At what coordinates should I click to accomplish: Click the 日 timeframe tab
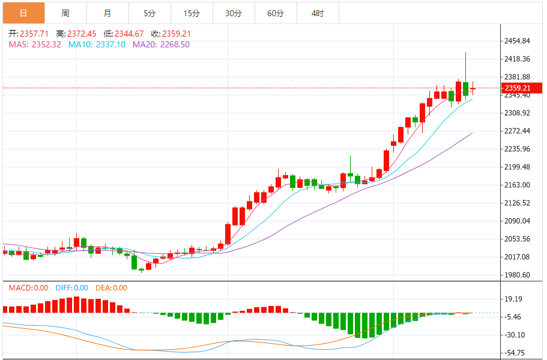point(23,13)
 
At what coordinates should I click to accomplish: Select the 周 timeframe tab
point(65,13)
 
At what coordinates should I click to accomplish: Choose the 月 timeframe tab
point(107,13)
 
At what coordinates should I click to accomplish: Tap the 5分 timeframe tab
point(150,13)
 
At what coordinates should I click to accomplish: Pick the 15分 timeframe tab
point(192,13)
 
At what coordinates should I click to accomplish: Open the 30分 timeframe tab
point(234,13)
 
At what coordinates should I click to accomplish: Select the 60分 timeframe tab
point(276,13)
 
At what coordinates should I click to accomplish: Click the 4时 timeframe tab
point(318,13)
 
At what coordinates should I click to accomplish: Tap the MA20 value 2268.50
point(170,44)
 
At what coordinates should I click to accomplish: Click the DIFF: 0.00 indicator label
point(72,288)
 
